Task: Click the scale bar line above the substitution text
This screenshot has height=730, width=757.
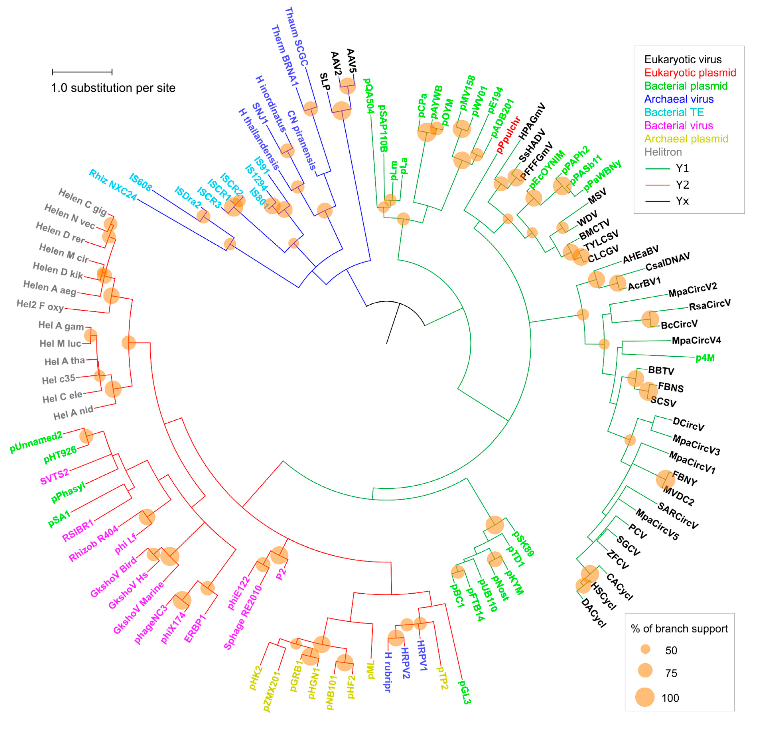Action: [x=82, y=72]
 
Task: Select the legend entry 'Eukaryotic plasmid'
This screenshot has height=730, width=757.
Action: [x=690, y=73]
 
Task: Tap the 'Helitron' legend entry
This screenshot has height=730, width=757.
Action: [x=663, y=152]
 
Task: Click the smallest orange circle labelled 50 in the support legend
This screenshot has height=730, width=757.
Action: [x=645, y=649]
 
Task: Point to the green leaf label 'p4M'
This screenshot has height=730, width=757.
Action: [x=705, y=358]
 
